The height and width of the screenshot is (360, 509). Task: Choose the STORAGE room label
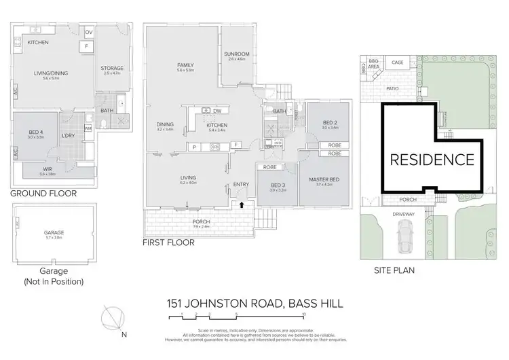pyautogui.click(x=112, y=68)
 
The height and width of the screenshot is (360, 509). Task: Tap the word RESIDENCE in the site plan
pyautogui.click(x=432, y=160)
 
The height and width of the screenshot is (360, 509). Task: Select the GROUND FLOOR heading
pyautogui.click(x=43, y=193)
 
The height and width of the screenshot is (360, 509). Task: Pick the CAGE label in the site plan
pyautogui.click(x=397, y=62)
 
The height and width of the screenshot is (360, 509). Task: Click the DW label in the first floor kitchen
pyautogui.click(x=216, y=111)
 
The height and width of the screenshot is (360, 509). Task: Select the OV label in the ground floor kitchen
pyautogui.click(x=90, y=31)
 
